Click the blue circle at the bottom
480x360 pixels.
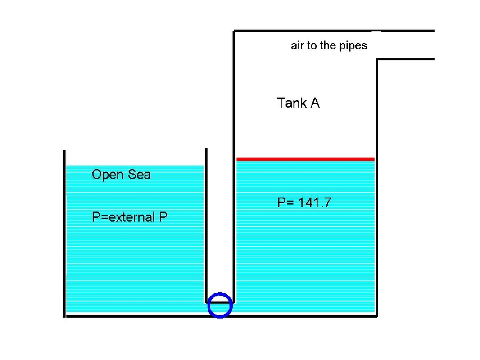click(220, 305)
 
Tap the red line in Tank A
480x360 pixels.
click(305, 159)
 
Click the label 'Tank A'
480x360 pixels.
click(298, 103)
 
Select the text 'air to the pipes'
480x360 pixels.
click(329, 45)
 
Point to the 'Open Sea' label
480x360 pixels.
click(121, 174)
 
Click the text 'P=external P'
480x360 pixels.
click(130, 217)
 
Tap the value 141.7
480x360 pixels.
click(313, 203)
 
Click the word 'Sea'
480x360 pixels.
click(139, 174)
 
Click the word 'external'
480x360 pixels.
click(132, 217)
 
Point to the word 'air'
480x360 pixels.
click(297, 45)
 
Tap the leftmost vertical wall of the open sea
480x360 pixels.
click(64, 234)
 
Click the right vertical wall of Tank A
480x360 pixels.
click(376, 189)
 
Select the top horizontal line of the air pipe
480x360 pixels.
click(333, 31)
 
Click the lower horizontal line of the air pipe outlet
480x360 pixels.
click(405, 59)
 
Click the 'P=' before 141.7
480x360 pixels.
click(285, 203)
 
